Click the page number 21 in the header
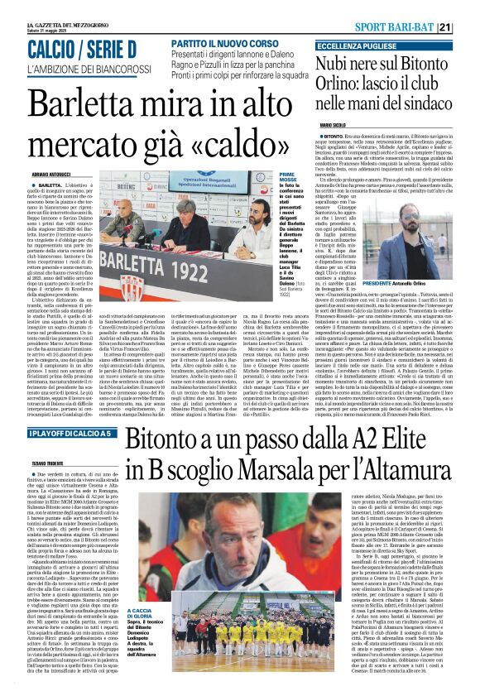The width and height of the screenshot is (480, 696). click(468, 27)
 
